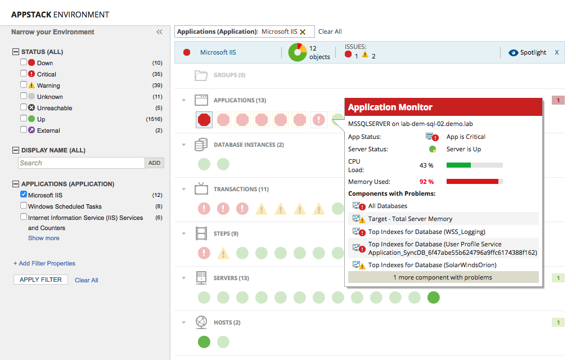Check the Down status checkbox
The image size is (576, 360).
[x=24, y=62]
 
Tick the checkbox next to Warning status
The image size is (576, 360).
[x=24, y=85]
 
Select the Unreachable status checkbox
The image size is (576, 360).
[x=24, y=107]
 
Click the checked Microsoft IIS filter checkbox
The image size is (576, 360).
[x=24, y=195]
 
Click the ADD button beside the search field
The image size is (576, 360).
[x=154, y=163]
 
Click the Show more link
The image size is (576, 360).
[x=43, y=238]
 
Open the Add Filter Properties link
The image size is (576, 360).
[x=44, y=263]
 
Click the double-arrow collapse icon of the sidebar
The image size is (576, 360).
[x=159, y=32]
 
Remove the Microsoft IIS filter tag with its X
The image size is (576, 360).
[x=303, y=32]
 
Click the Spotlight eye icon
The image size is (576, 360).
[x=512, y=52]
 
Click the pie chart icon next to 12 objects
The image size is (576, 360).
[x=297, y=52]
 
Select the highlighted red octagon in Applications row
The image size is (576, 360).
[x=204, y=119]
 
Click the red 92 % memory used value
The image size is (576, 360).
[x=426, y=182]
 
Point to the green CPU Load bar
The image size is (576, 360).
[x=458, y=165]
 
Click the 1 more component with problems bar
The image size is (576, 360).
[x=443, y=277]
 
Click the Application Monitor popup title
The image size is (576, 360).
[x=390, y=107]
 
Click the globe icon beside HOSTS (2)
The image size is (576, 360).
[x=201, y=322]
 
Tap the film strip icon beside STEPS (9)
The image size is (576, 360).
[x=201, y=233]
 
